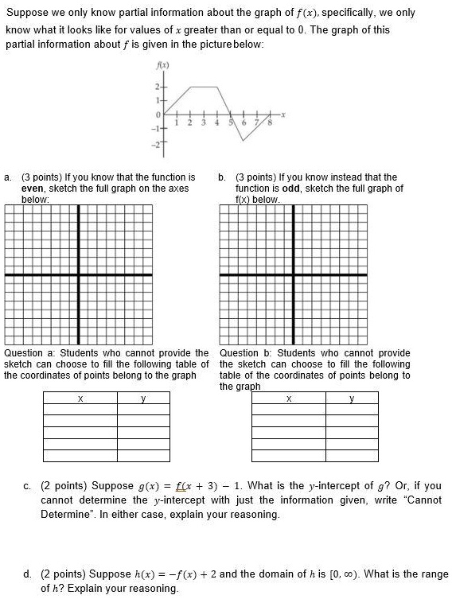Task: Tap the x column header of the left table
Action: [79, 399]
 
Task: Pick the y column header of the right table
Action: [352, 399]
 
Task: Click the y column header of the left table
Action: [143, 399]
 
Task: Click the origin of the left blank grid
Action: [79, 274]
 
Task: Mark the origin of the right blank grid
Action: [293, 274]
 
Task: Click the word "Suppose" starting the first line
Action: [25, 14]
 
